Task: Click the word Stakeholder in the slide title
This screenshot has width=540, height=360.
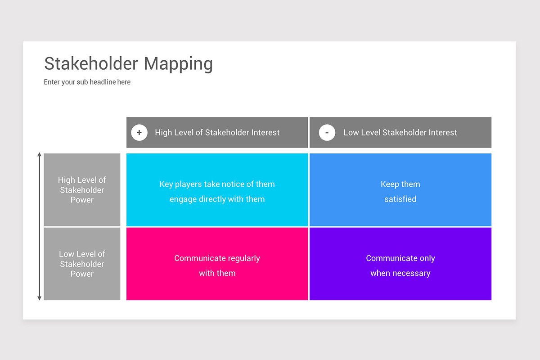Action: tap(91, 63)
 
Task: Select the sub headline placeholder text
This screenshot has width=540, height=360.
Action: tap(87, 82)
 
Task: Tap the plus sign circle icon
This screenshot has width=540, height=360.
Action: tap(139, 132)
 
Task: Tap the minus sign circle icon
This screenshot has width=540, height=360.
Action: tap(327, 132)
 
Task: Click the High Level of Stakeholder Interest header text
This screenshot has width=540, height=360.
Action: tap(217, 132)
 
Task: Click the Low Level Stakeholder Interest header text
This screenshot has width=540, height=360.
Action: tap(400, 132)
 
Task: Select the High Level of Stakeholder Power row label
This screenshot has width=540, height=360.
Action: tap(82, 190)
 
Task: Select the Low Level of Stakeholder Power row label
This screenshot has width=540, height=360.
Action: tap(82, 264)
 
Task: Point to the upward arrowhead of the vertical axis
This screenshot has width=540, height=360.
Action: tap(39, 154)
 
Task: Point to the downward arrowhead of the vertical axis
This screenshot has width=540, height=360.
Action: tap(39, 298)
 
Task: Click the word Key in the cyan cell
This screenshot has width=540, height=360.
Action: tap(166, 184)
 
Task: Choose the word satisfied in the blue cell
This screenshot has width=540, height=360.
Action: tap(400, 199)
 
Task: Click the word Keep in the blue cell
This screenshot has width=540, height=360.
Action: tap(390, 184)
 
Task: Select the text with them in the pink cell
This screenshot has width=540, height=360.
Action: tap(217, 273)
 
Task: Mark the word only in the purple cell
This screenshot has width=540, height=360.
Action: tap(427, 258)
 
